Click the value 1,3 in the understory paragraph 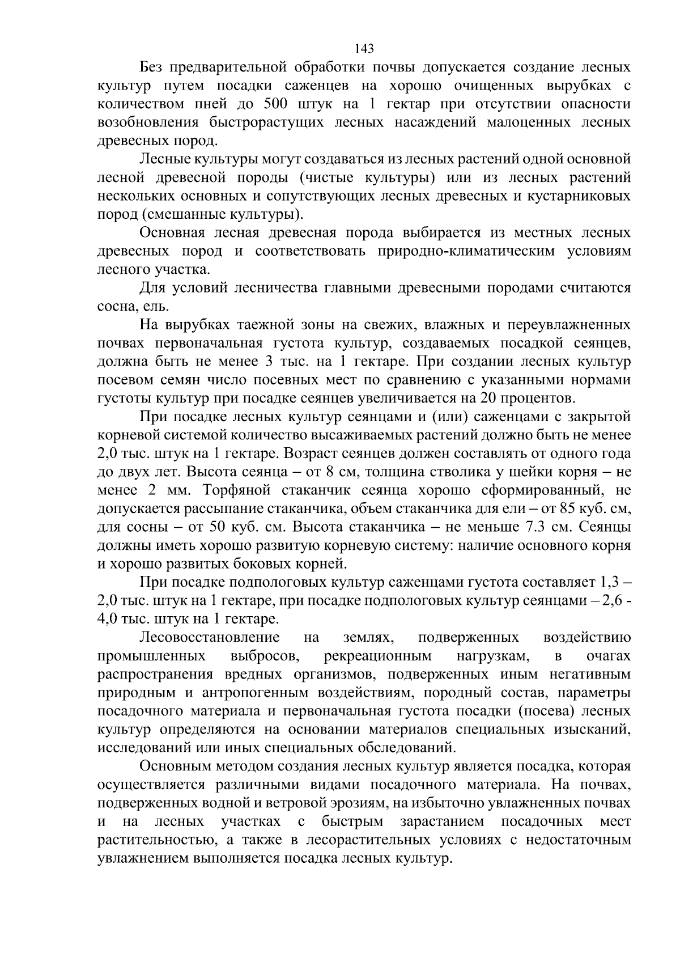608,582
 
